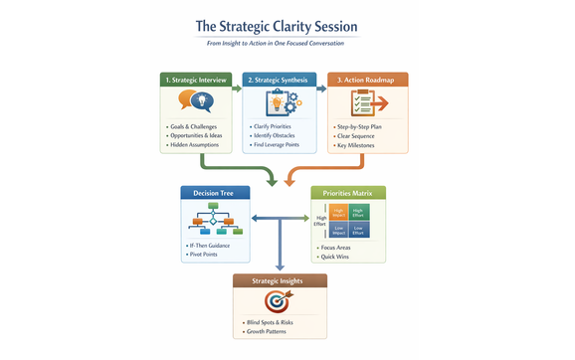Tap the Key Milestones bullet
click(362, 146)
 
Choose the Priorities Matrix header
click(348, 193)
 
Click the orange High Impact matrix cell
click(337, 211)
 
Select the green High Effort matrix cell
click(358, 211)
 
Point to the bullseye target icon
click(278, 300)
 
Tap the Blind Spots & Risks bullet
click(273, 324)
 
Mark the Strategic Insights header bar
click(278, 280)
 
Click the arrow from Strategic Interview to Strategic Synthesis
click(237, 89)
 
